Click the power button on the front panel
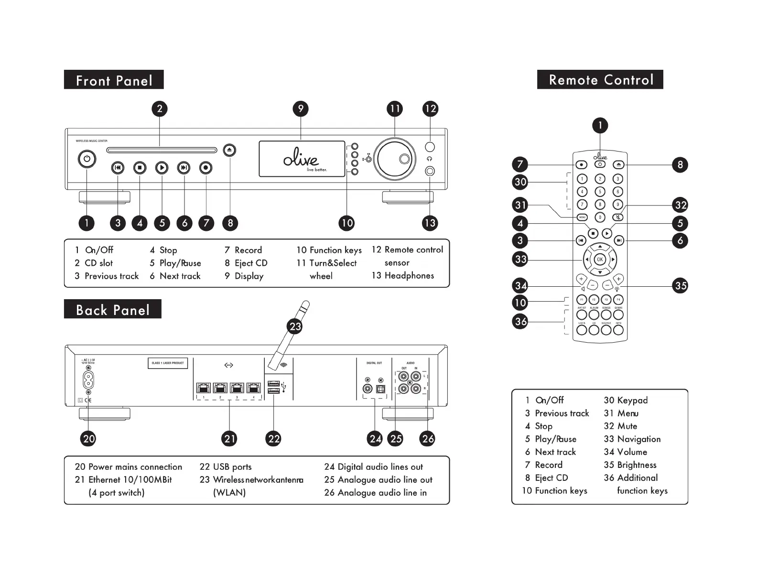87,160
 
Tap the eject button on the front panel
230,150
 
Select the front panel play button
162,168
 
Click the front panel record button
205,168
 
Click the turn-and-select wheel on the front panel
395,159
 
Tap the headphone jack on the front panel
430,171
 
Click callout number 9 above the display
301,108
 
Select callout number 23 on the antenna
295,326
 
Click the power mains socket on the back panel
88,380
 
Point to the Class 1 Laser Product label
168,363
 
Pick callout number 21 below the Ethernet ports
230,439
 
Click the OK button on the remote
600,260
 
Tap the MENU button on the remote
582,217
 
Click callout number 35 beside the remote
681,286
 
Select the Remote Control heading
600,80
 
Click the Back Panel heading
113,310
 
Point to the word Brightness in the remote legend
637,465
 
